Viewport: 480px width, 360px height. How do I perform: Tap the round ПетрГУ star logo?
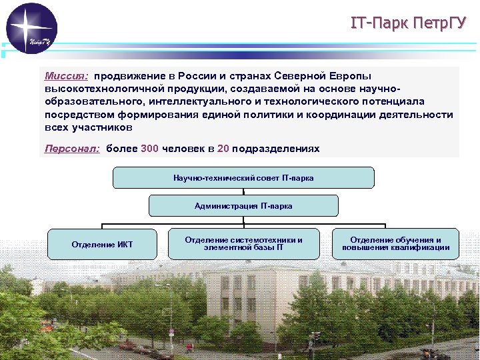[x=32, y=29]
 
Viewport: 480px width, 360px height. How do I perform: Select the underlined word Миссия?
[x=66, y=76]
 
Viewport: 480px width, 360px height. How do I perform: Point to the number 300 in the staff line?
[x=150, y=149]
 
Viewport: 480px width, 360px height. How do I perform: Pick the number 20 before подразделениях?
[x=223, y=149]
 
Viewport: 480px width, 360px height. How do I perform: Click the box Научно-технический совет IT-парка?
[x=243, y=178]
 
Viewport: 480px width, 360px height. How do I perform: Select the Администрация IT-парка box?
[x=243, y=206]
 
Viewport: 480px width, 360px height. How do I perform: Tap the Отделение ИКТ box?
[x=102, y=245]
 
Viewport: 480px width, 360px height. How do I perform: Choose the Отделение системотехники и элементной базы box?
[x=243, y=244]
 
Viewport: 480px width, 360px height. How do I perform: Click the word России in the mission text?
[x=198, y=76]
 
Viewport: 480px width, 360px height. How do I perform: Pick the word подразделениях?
[x=275, y=149]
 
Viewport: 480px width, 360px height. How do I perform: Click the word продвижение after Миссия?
[x=131, y=76]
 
